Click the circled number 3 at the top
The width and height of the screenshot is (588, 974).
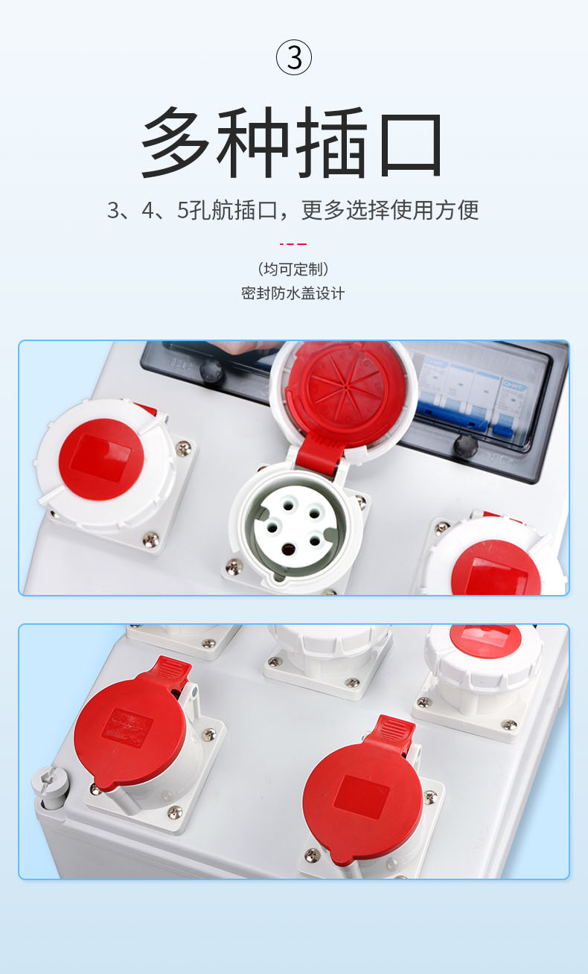point(294,57)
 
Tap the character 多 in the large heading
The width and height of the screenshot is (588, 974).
point(175,142)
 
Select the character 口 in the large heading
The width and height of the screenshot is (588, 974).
point(411,144)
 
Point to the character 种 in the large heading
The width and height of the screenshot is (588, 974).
point(253,142)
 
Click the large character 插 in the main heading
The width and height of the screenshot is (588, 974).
point(332,142)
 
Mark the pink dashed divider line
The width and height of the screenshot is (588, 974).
point(293,244)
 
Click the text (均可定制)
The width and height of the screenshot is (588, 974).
point(293,269)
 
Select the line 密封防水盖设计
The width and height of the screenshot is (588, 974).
point(293,293)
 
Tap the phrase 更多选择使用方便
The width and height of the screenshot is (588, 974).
point(390,210)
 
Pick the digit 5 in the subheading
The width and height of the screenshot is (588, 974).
point(182,211)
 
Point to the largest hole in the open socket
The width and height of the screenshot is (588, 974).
point(287,550)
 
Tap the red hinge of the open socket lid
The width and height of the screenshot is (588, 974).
point(318,453)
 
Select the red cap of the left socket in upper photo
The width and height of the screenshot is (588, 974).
point(101,459)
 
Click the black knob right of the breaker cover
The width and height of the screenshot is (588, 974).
point(465,445)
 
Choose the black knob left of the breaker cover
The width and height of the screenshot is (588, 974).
point(211,371)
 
